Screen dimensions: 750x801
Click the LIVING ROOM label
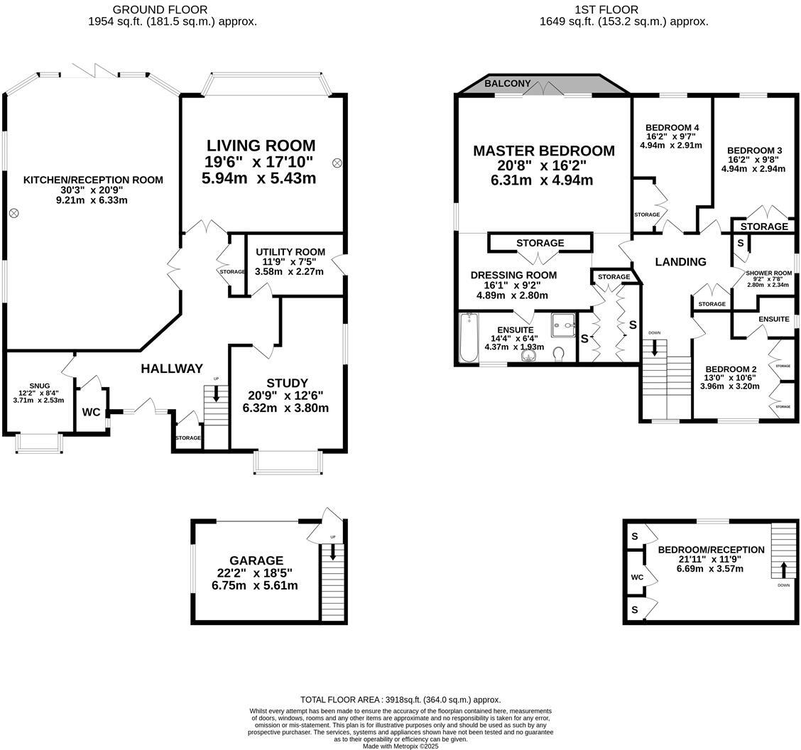(x=258, y=146)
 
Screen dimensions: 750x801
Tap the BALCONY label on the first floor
(x=507, y=84)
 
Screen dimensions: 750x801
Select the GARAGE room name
(x=256, y=560)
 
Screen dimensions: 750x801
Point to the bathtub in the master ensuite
(x=469, y=337)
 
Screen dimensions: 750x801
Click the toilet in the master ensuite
(x=559, y=353)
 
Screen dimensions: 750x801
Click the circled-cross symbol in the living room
(x=337, y=163)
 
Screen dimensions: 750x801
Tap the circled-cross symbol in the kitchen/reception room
(x=13, y=213)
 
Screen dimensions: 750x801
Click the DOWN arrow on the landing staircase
(x=654, y=347)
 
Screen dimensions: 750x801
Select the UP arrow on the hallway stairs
(x=216, y=393)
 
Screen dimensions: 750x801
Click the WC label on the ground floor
(x=91, y=412)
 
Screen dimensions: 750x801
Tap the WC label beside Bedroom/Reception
(x=637, y=577)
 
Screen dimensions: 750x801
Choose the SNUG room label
(x=39, y=386)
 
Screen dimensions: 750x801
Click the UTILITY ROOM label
(x=290, y=252)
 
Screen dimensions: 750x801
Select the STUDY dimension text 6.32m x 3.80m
(x=286, y=408)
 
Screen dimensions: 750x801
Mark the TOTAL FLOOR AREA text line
(x=400, y=700)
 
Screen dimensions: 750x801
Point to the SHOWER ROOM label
(x=768, y=273)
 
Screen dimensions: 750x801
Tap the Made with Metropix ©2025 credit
(x=400, y=746)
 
